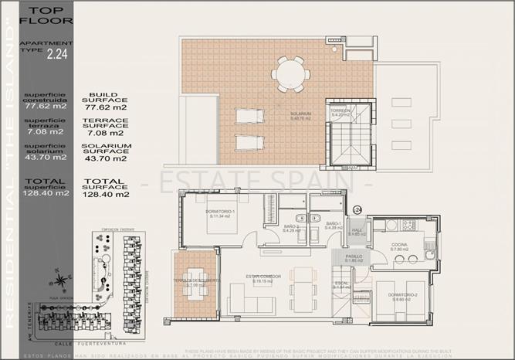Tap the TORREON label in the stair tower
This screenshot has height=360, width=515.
341,113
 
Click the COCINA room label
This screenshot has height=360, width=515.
399,247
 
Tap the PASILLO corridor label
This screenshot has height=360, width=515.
354,258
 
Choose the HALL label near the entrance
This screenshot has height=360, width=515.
357,231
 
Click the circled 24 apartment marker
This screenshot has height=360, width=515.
357,209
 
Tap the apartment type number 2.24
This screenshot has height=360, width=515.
56,53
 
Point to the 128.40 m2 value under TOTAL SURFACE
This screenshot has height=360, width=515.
106,194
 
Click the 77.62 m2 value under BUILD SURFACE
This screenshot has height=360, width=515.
106,107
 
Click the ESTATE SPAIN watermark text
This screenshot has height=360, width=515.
257,182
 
